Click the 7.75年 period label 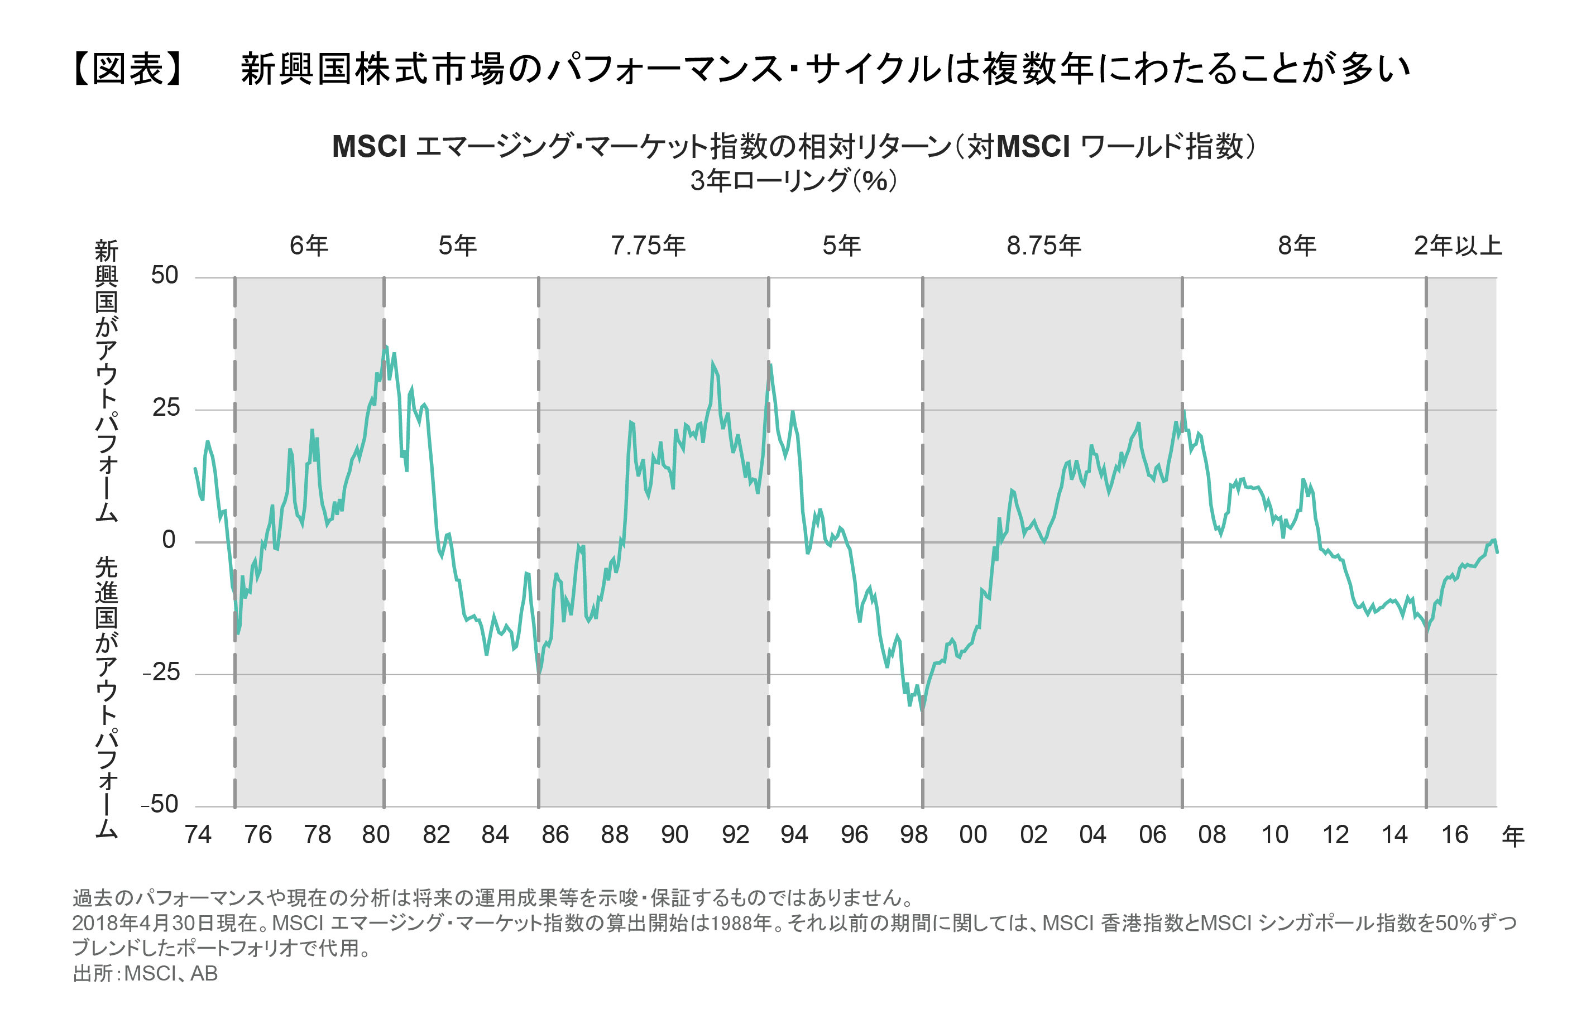pyautogui.click(x=648, y=246)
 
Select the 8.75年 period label pyautogui.click(x=1043, y=246)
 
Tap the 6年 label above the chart pyautogui.click(x=309, y=246)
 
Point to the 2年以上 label pyautogui.click(x=1458, y=246)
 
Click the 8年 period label pyautogui.click(x=1297, y=246)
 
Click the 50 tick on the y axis pyautogui.click(x=165, y=276)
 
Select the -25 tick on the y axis pyautogui.click(x=161, y=672)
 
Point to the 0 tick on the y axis pyautogui.click(x=169, y=540)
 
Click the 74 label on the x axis pyautogui.click(x=198, y=835)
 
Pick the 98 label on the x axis pyautogui.click(x=914, y=835)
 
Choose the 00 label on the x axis pyautogui.click(x=973, y=835)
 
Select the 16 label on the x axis pyautogui.click(x=1454, y=835)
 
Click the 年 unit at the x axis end pyautogui.click(x=1513, y=837)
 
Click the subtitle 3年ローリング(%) pyautogui.click(x=793, y=180)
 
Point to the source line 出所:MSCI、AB pyautogui.click(x=145, y=974)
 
